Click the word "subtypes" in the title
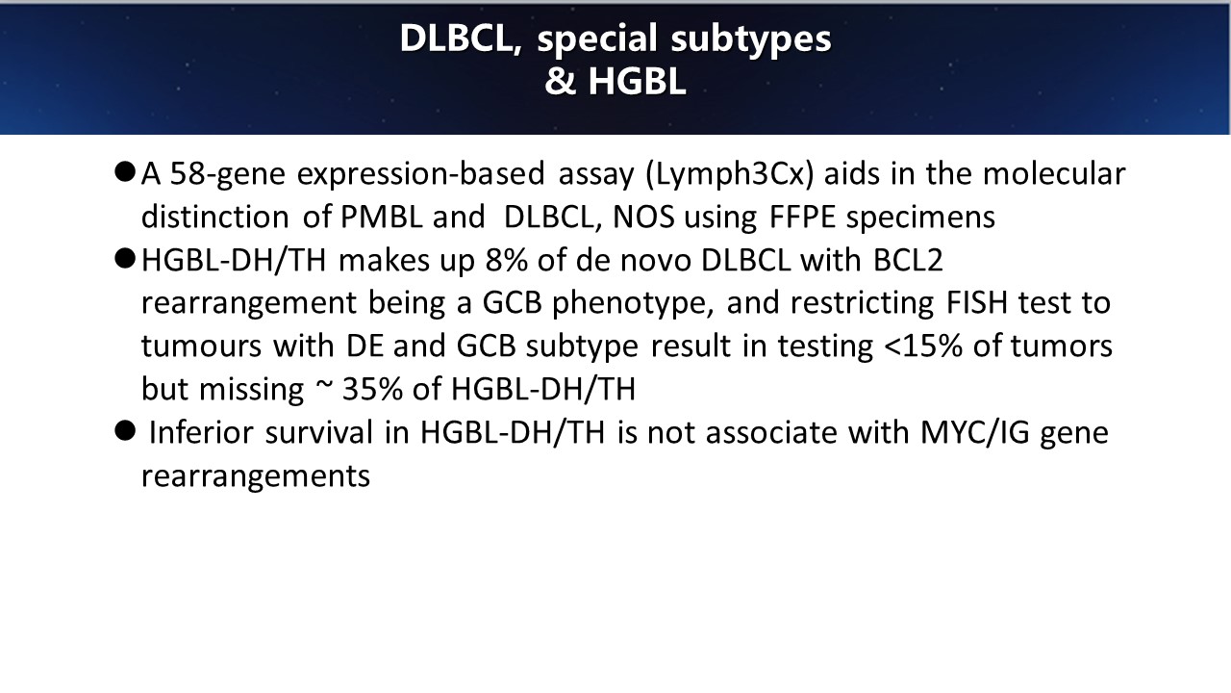click(751, 39)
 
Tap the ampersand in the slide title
click(560, 82)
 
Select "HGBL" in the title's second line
click(637, 82)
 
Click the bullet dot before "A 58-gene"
click(125, 171)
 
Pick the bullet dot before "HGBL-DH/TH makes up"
click(125, 259)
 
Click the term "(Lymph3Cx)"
click(729, 174)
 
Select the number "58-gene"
click(228, 174)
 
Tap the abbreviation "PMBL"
click(382, 217)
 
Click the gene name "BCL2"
click(908, 260)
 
